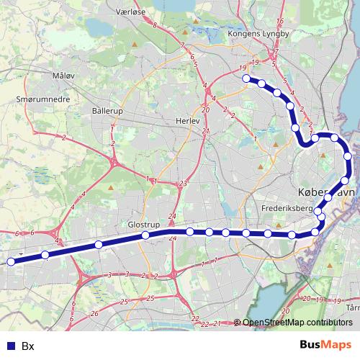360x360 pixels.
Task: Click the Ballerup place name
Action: [x=109, y=112]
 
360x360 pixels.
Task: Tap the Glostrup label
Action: [x=143, y=225]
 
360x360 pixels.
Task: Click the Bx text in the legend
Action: [x=28, y=346]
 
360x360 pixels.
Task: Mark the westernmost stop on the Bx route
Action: [x=11, y=262]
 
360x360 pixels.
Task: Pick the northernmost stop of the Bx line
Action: [x=246, y=78]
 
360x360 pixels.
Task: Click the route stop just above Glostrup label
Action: [x=145, y=235]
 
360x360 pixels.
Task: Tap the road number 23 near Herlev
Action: [x=183, y=184]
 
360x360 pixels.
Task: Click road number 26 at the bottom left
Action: [x=94, y=314]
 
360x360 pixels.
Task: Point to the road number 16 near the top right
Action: [x=280, y=22]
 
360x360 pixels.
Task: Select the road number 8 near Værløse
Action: [x=155, y=26]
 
